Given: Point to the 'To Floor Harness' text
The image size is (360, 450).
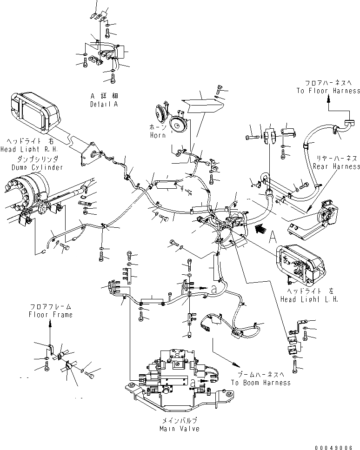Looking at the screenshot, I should (x=328, y=91).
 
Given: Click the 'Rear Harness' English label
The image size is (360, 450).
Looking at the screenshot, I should (x=336, y=166).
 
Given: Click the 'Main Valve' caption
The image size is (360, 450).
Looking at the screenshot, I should (x=179, y=429).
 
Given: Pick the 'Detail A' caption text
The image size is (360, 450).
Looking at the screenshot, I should (x=104, y=105).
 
